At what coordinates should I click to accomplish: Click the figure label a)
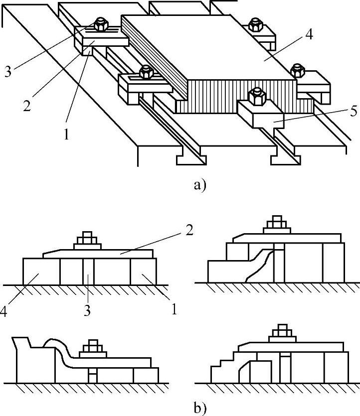pyautogui.click(x=199, y=185)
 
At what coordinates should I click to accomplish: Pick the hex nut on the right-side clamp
pyautogui.click(x=298, y=70)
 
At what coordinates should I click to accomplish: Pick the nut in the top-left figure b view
pyautogui.click(x=88, y=240)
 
